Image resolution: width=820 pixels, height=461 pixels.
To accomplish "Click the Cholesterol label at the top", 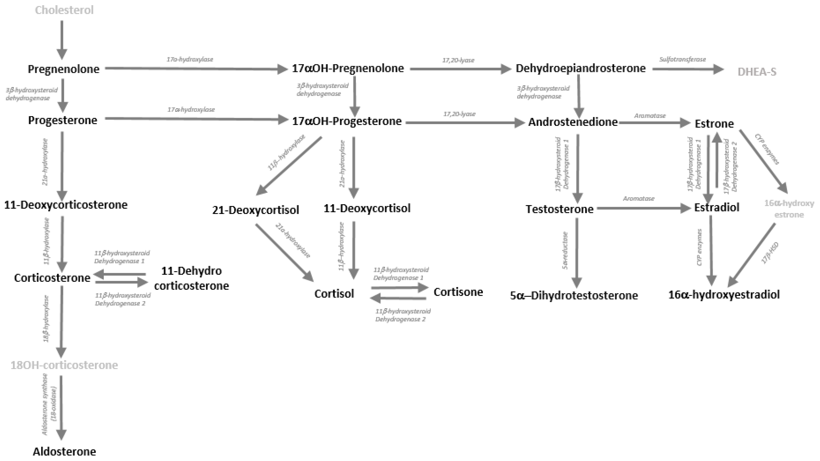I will coord(64,10).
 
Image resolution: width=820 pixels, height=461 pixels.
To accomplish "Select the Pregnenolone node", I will coord(63,69).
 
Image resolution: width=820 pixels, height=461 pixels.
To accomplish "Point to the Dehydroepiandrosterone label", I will coord(580,68).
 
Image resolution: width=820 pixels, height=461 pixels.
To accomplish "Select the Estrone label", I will coord(714,124).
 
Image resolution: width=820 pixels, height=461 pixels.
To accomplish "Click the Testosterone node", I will coord(559,209).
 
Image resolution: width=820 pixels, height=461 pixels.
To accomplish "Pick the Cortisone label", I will coord(458,292).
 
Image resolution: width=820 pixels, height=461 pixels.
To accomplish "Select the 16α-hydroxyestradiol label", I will coord(724,295).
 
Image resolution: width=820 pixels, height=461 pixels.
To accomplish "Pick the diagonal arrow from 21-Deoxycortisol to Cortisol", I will coord(284,252).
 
